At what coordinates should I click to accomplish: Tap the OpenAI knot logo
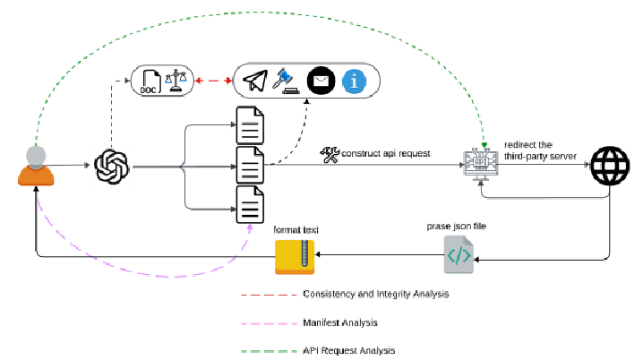point(114,166)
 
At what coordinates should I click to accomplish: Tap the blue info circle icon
point(356,81)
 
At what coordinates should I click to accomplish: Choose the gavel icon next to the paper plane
point(286,81)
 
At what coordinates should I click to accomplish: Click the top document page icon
point(249,124)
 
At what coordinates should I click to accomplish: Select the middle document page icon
point(249,166)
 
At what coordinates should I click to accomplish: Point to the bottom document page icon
point(249,205)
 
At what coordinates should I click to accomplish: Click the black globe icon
point(610,167)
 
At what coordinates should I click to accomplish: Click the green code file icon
point(457,256)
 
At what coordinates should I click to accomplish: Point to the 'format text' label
point(296,230)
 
